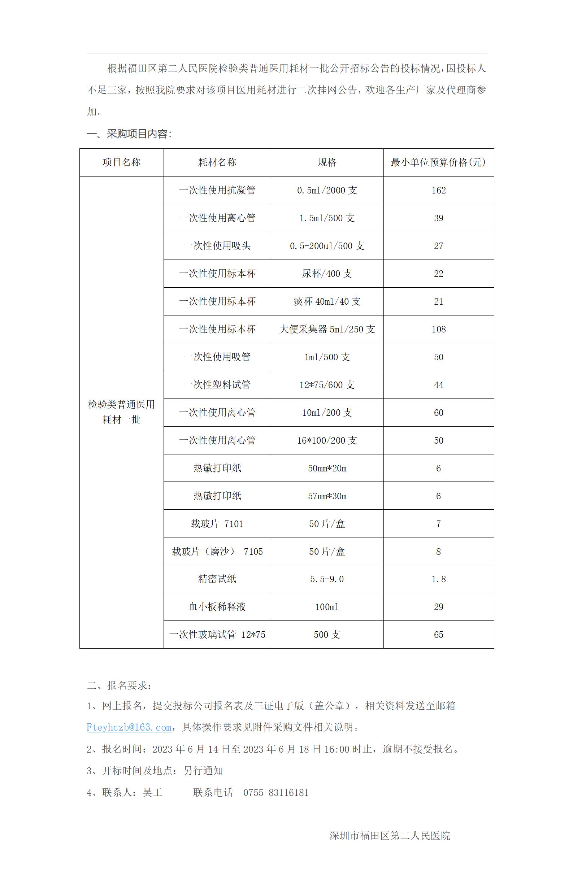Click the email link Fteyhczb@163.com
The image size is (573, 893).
point(129,727)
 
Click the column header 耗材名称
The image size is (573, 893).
point(217,162)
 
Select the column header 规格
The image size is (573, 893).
point(327,162)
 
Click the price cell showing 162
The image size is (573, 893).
point(438,190)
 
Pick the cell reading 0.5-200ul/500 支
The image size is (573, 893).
point(327,245)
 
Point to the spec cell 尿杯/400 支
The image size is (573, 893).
point(327,273)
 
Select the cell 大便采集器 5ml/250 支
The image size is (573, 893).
point(327,329)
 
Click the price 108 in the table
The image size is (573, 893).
point(438,329)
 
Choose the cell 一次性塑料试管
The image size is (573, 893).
point(217,384)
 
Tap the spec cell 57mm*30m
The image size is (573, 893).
point(327,496)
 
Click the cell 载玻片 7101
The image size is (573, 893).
point(217,524)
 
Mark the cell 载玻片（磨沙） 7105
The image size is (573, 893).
point(217,551)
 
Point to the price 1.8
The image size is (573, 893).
point(438,579)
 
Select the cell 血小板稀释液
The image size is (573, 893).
point(217,607)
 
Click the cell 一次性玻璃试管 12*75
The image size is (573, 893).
point(217,635)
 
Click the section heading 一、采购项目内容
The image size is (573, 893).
point(129,134)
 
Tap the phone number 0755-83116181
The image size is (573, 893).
point(276,793)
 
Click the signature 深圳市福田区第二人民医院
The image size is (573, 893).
point(389,836)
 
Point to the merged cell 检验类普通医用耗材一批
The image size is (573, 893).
point(121,412)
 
